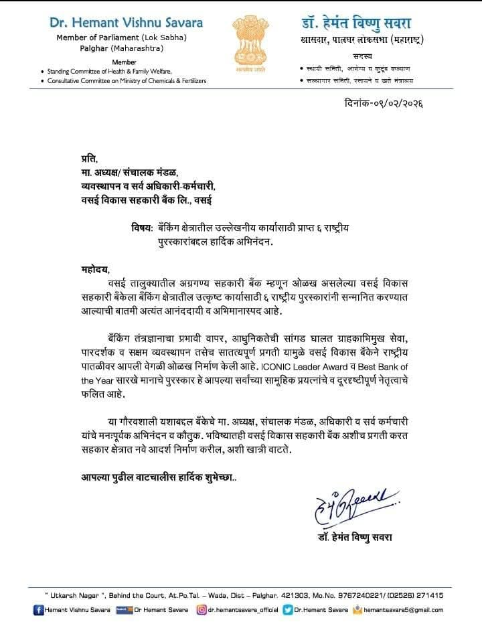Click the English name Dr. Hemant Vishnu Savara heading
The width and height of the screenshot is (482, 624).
click(127, 23)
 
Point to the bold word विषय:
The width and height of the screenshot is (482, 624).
click(143, 228)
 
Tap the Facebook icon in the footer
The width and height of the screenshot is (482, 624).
click(39, 610)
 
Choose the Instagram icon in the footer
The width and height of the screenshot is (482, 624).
click(200, 610)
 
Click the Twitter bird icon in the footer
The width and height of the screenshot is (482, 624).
click(288, 610)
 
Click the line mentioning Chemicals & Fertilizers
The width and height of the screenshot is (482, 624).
click(127, 80)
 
